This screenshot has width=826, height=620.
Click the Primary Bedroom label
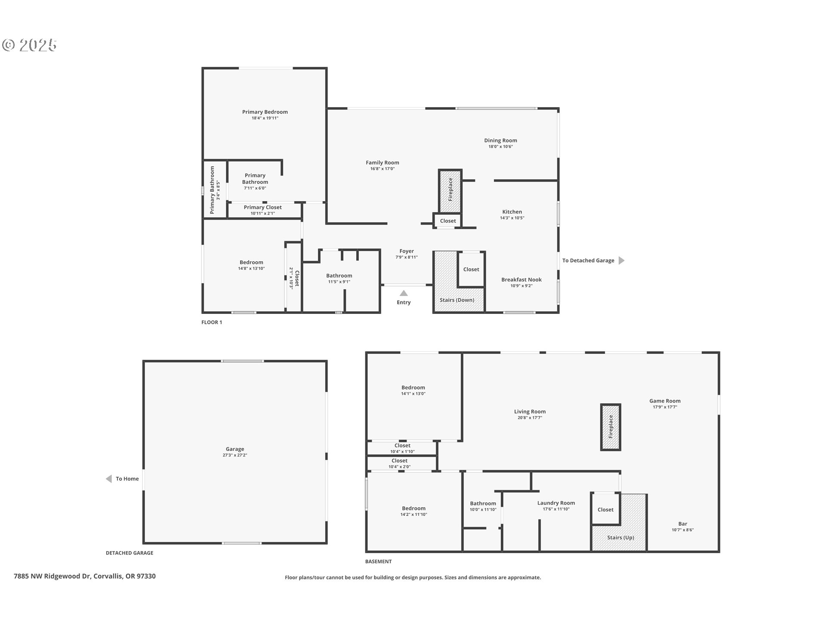pos(265,112)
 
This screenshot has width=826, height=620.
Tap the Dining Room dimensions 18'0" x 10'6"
pos(500,146)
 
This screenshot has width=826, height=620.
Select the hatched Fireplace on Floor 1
pos(450,190)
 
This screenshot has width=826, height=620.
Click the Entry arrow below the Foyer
pos(404,293)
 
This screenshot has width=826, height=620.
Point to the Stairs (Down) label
pos(456,300)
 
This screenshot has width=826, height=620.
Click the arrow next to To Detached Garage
pos(621,260)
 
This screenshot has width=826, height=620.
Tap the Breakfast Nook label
pos(521,280)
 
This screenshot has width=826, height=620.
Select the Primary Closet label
pos(262,208)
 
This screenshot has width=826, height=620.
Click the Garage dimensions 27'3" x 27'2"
pos(235,455)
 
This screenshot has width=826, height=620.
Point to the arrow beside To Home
pos(109,479)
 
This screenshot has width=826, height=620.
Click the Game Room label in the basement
pos(665,401)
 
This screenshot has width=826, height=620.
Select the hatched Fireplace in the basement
pos(610,427)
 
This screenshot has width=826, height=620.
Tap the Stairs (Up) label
pos(620,537)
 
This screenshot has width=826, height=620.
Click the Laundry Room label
pos(556,503)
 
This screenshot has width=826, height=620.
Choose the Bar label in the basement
pos(682,524)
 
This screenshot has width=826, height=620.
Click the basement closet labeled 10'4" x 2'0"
pos(399,463)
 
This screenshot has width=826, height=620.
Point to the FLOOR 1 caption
pos(212,322)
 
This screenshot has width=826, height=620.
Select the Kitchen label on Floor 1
pos(512,212)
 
